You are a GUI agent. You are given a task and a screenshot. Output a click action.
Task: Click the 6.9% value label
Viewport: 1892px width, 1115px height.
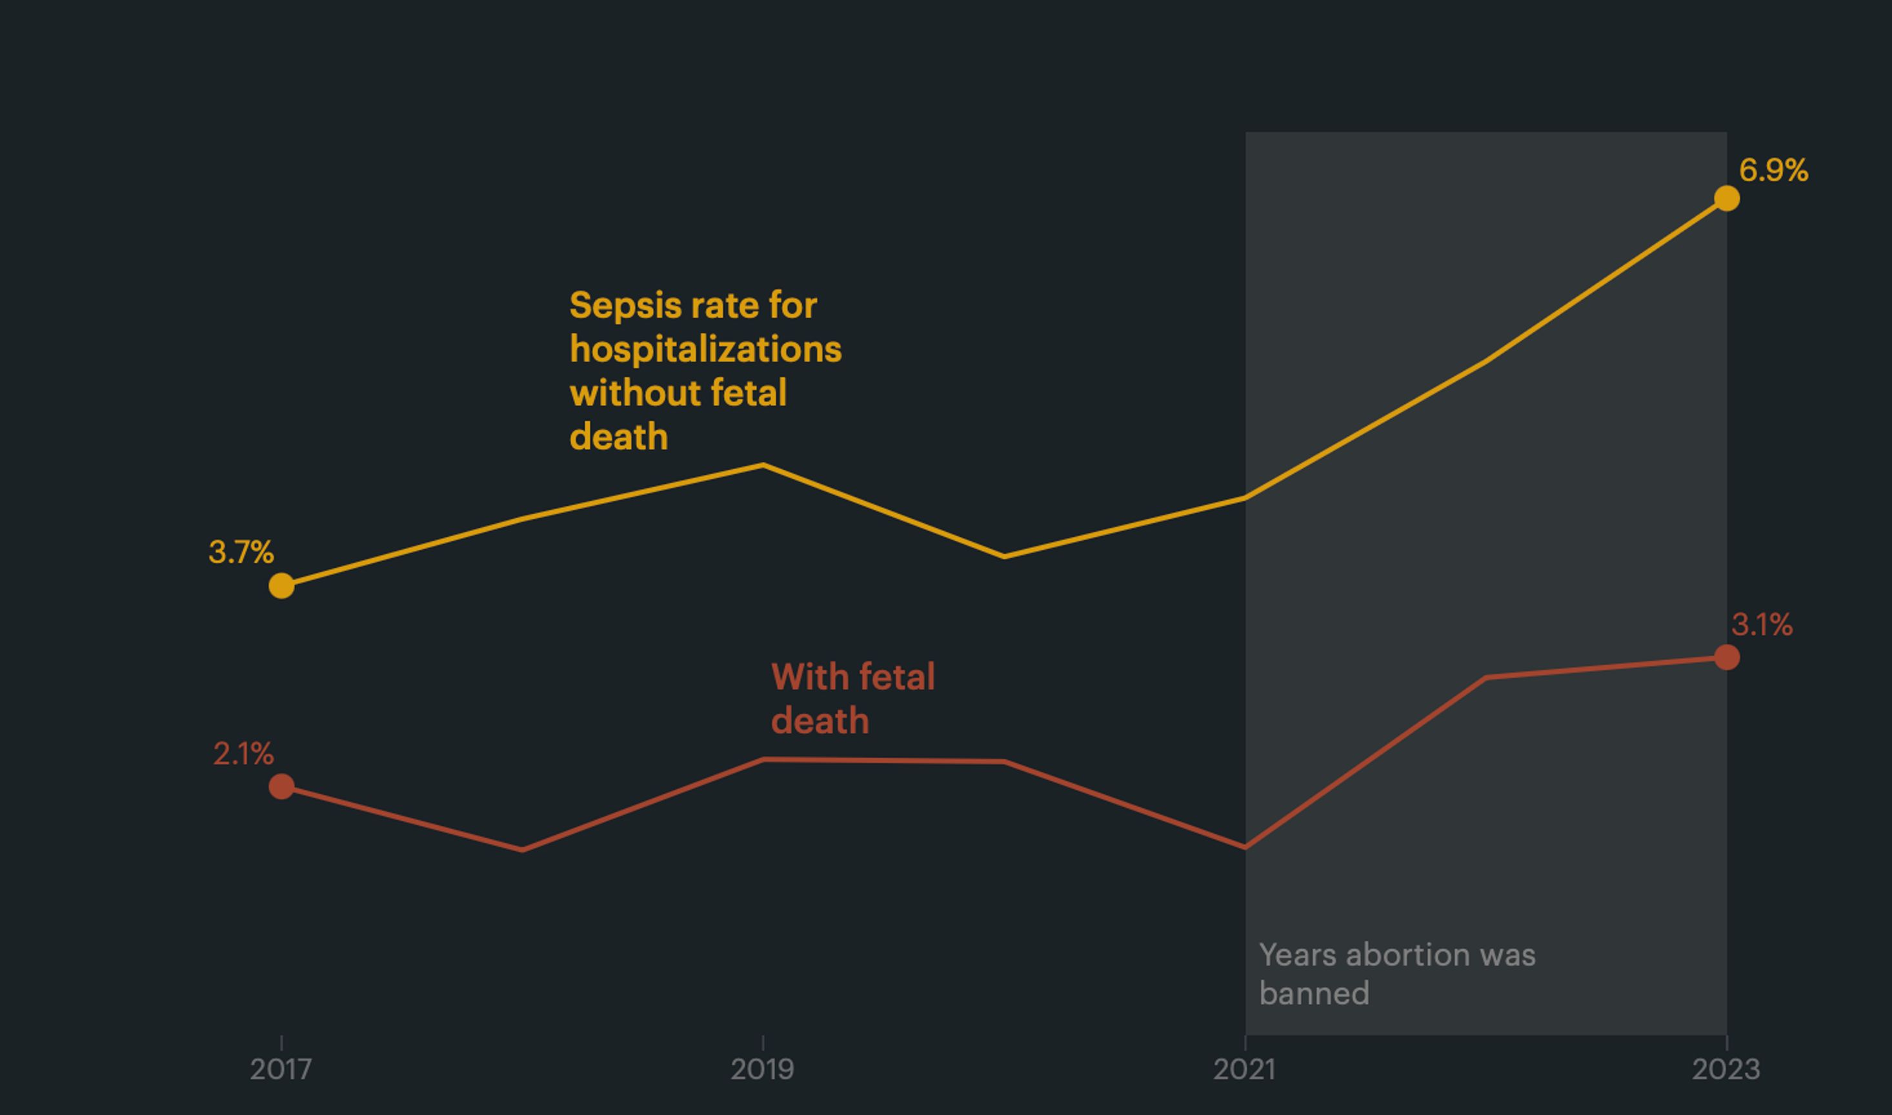1773,170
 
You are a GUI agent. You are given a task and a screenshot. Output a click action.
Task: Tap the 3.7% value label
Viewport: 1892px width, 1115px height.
241,552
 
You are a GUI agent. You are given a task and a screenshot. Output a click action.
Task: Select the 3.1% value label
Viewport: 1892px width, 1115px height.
1761,625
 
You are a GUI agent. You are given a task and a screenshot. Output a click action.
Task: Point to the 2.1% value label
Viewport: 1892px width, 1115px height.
243,754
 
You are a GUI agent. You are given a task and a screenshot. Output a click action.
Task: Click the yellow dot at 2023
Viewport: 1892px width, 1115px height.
1727,198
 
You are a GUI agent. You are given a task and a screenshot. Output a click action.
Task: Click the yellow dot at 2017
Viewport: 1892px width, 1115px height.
281,585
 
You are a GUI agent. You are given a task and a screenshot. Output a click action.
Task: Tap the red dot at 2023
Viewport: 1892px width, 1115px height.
1727,658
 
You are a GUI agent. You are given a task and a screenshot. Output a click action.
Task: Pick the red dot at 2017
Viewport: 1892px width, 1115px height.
281,787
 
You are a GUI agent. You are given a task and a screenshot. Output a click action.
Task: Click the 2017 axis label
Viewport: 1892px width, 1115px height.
280,1069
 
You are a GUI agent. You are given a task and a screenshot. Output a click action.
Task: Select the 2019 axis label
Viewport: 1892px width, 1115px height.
762,1069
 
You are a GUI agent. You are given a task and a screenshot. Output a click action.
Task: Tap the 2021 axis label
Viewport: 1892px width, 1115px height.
1244,1069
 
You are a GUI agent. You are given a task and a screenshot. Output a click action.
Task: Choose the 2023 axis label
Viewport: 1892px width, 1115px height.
1725,1069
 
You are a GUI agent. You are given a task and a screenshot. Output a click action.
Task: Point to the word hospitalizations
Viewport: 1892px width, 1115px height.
705,349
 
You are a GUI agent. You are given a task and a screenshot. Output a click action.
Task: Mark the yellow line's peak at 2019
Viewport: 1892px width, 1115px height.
763,465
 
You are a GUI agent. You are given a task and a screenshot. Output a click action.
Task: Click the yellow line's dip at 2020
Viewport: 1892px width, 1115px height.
1005,557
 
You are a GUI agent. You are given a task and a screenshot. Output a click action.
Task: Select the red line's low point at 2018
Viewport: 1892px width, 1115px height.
522,850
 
